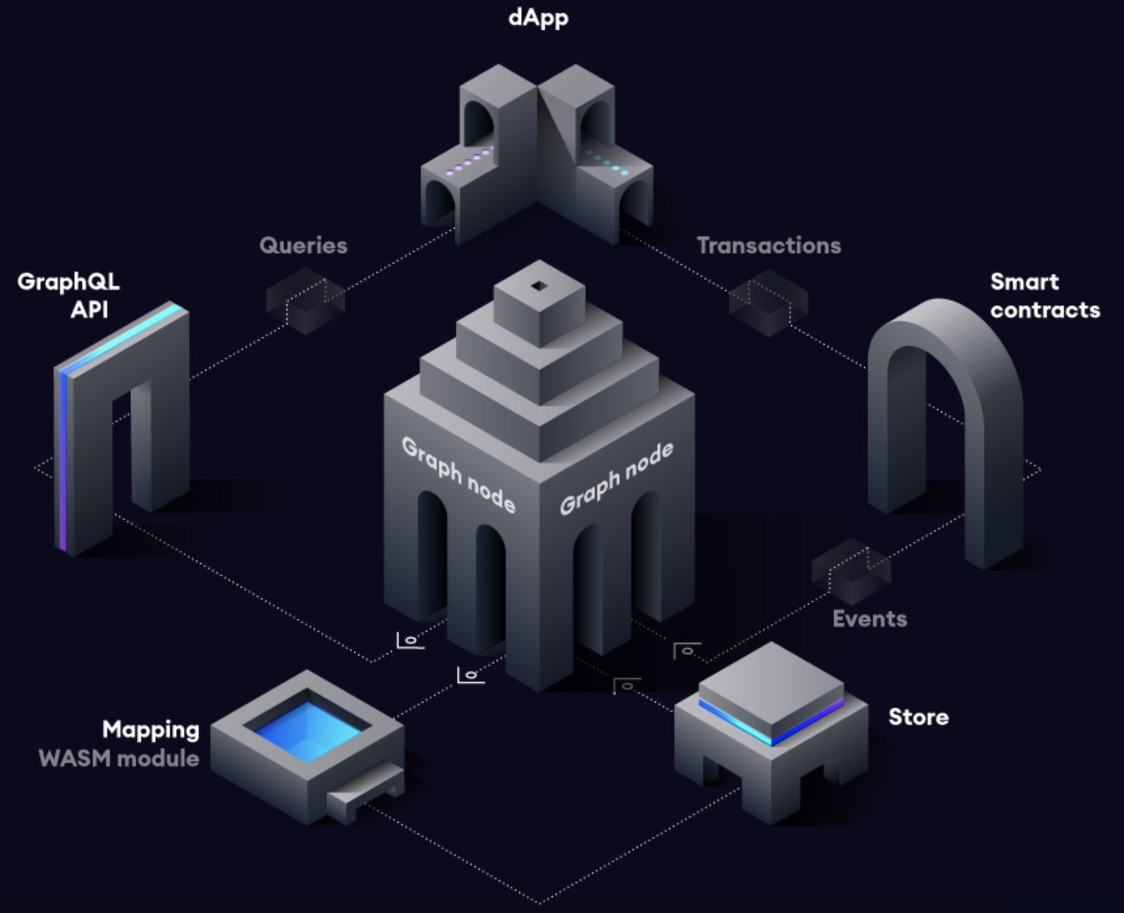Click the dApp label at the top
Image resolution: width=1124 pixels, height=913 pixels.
538,18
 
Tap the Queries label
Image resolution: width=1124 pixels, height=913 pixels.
303,246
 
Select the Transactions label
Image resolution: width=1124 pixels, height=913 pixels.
769,246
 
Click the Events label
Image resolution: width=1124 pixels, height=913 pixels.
869,618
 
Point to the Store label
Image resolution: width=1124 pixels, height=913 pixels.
918,716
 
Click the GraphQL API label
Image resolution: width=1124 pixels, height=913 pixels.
69,295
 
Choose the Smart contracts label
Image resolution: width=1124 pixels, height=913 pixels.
1044,295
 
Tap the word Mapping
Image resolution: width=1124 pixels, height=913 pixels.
150,729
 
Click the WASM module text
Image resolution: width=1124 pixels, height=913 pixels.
119,758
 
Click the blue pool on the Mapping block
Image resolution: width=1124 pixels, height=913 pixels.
307,728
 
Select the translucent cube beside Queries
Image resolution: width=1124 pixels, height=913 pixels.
305,301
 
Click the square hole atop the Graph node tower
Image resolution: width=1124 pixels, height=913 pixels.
539,285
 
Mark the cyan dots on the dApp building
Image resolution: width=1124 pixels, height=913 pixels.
608,163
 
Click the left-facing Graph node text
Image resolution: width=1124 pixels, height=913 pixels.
458,473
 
